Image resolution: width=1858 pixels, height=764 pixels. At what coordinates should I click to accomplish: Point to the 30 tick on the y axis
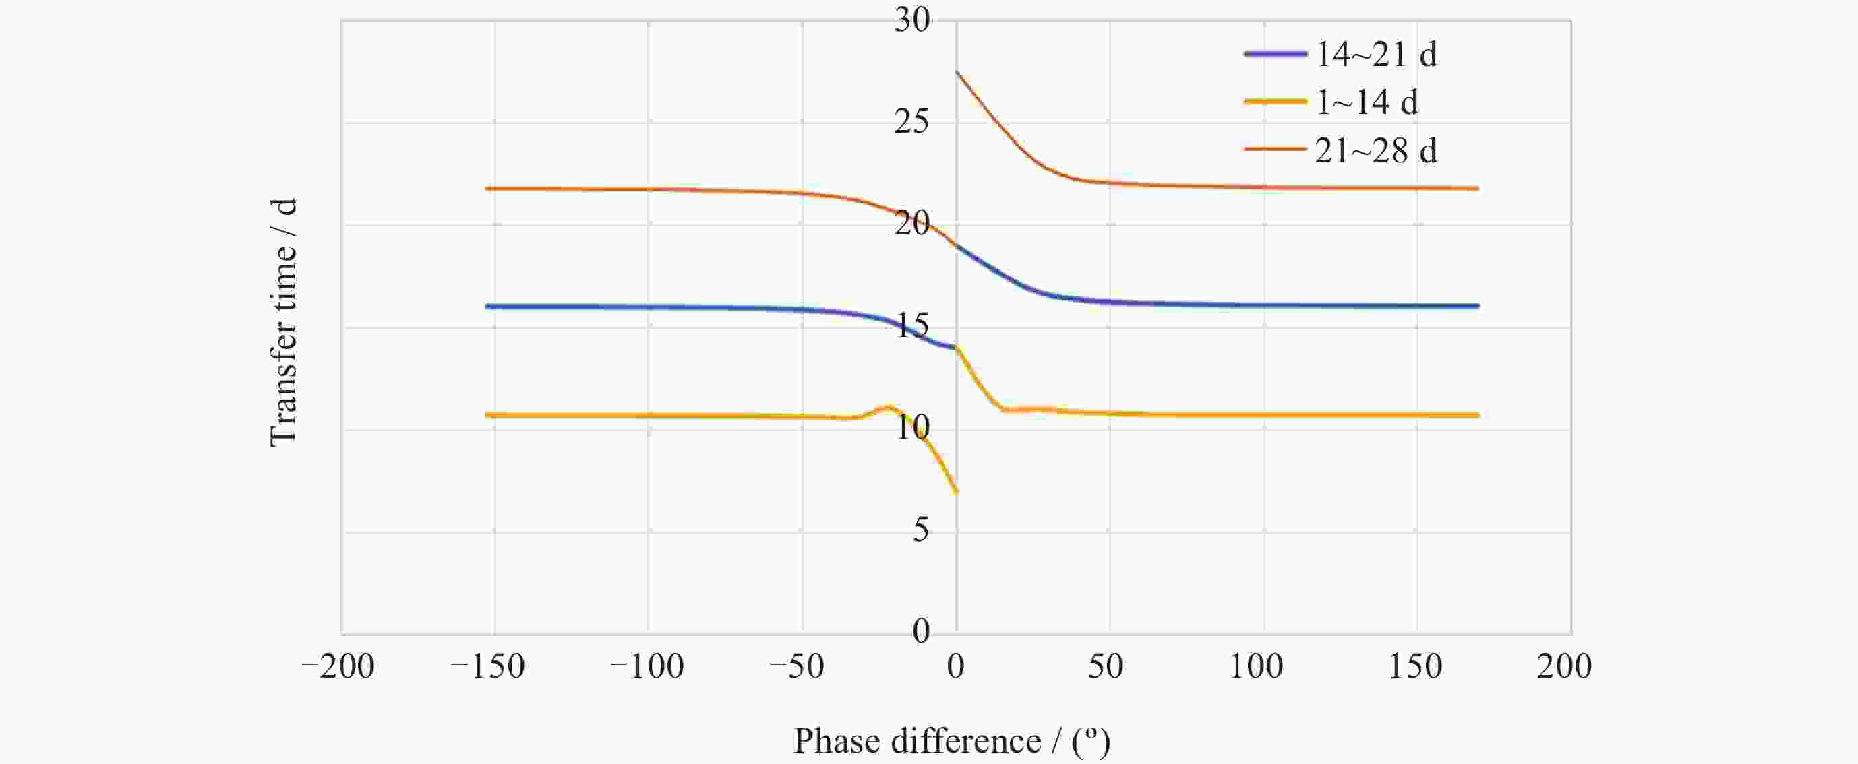click(912, 20)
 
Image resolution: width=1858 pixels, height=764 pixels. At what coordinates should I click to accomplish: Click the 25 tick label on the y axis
click(912, 123)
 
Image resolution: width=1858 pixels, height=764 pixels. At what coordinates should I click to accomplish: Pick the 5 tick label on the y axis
click(920, 531)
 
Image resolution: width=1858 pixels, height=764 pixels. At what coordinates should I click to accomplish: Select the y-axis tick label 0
click(920, 632)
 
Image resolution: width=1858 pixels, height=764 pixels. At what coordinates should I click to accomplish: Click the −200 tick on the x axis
click(338, 667)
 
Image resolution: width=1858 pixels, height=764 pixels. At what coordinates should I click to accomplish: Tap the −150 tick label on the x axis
click(487, 667)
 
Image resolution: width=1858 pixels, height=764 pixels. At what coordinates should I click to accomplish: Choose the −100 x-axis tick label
click(647, 667)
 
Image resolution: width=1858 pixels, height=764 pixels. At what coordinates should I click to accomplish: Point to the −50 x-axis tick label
click(796, 667)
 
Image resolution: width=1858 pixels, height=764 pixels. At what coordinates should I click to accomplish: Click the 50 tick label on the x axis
click(1106, 667)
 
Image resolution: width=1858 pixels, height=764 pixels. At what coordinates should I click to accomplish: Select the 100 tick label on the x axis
click(1256, 667)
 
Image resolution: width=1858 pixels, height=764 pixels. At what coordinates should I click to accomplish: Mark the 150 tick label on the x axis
click(1415, 667)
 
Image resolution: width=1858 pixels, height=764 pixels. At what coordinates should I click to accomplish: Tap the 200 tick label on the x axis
click(1563, 667)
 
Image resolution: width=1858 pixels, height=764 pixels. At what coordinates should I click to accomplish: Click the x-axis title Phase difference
click(951, 741)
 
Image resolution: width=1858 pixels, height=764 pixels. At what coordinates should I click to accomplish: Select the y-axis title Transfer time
click(282, 322)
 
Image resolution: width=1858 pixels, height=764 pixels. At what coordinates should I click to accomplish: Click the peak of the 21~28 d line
click(957, 72)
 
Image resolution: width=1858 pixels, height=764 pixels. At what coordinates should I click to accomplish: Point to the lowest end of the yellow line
click(957, 492)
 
